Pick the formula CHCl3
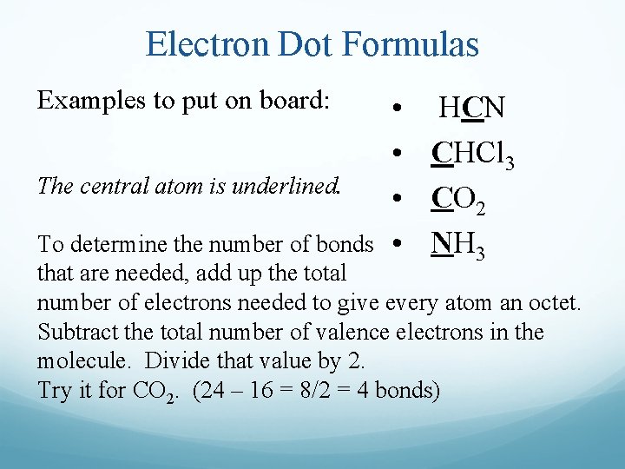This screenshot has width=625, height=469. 474,156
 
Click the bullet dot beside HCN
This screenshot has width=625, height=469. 396,111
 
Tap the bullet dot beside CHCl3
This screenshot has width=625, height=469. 396,155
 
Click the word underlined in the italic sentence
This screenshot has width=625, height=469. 282,186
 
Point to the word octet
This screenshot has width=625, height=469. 551,304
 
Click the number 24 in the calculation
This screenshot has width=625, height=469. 215,390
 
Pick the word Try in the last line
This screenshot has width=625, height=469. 54,390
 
